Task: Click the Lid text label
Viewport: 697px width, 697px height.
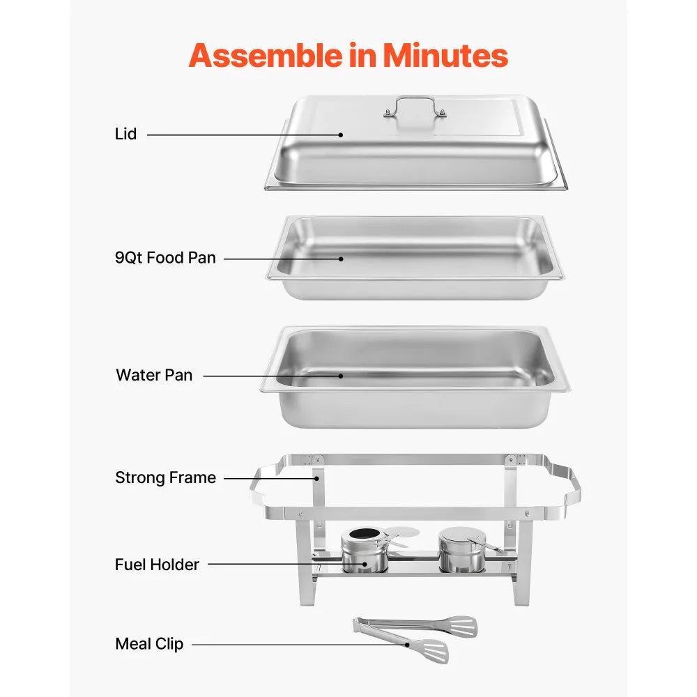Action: pyautogui.click(x=126, y=134)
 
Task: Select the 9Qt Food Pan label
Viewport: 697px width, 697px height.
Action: pyautogui.click(x=165, y=258)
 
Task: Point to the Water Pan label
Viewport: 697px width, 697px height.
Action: pyautogui.click(x=154, y=375)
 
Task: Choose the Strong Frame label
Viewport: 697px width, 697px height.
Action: pyautogui.click(x=165, y=478)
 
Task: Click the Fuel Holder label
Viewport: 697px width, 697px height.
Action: pyautogui.click(x=157, y=565)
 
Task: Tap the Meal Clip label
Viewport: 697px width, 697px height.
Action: pyautogui.click(x=149, y=644)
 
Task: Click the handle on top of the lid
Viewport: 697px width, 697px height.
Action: pyautogui.click(x=414, y=107)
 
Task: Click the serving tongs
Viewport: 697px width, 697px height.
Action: pyautogui.click(x=411, y=636)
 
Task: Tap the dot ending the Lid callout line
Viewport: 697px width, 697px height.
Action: pyautogui.click(x=341, y=135)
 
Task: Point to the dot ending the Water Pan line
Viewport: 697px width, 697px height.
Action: pyautogui.click(x=341, y=376)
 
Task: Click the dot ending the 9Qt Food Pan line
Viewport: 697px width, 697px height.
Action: pyautogui.click(x=341, y=259)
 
